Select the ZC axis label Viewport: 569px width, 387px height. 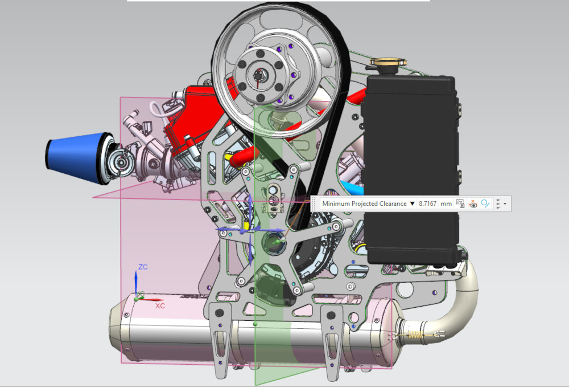(x=143, y=267)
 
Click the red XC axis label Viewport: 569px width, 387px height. (x=160, y=306)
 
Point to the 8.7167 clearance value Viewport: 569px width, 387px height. (x=427, y=203)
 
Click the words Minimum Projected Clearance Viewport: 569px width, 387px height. (x=364, y=203)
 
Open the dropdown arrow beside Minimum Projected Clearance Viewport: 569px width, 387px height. (x=412, y=203)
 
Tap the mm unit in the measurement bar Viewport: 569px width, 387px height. (x=446, y=203)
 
